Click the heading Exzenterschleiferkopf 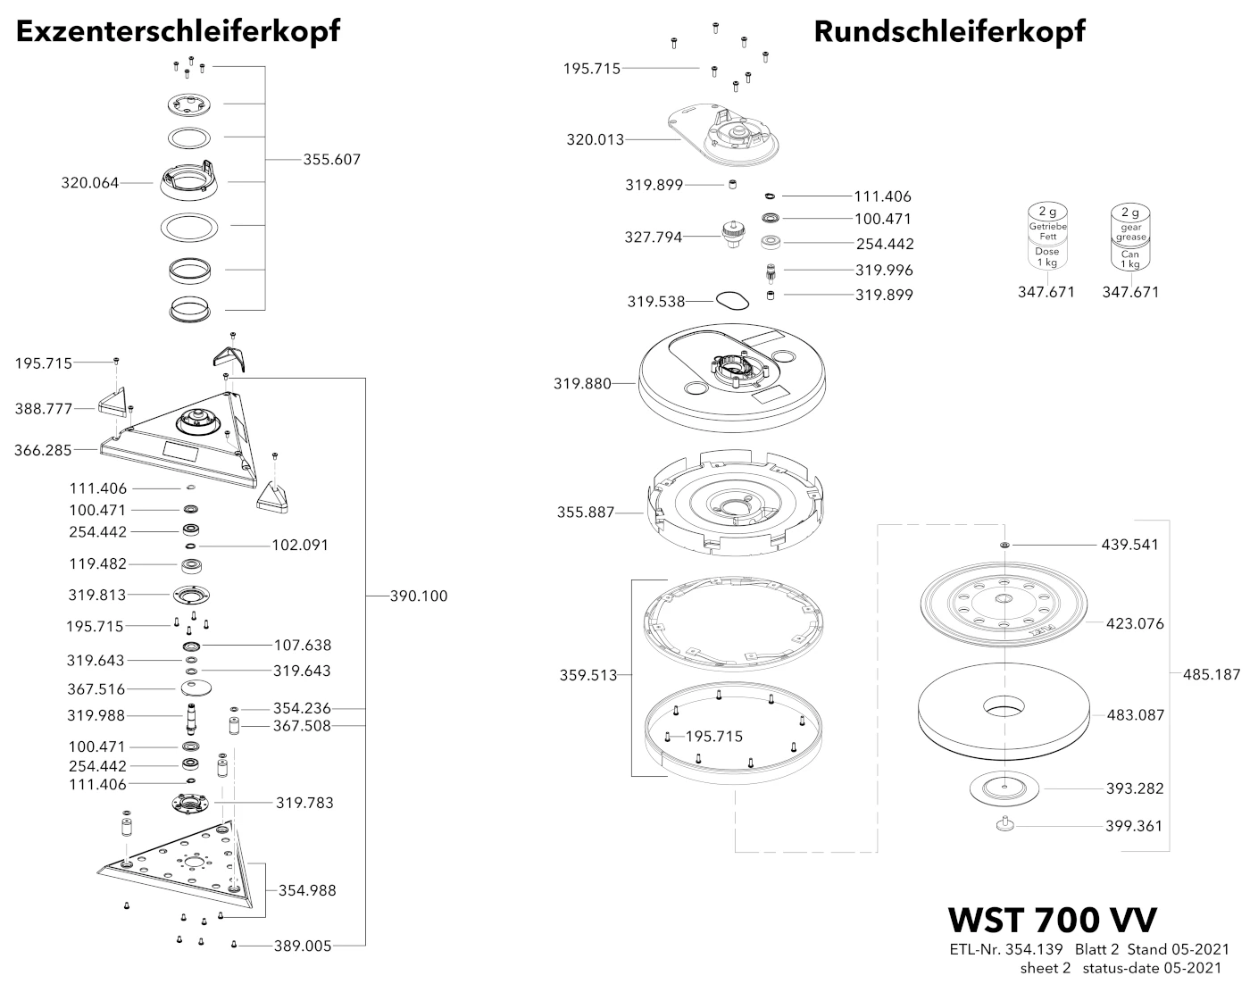(178, 31)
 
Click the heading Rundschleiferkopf (949, 31)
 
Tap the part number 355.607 (331, 159)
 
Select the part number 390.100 (418, 596)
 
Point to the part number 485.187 (1212, 674)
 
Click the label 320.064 (90, 183)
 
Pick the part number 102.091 (300, 546)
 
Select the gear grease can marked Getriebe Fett (1047, 237)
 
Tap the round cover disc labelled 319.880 (732, 378)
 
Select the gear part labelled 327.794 (732, 235)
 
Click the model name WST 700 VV (1052, 920)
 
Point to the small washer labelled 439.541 (1004, 545)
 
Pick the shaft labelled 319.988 (191, 719)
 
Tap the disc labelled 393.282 (1004, 788)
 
